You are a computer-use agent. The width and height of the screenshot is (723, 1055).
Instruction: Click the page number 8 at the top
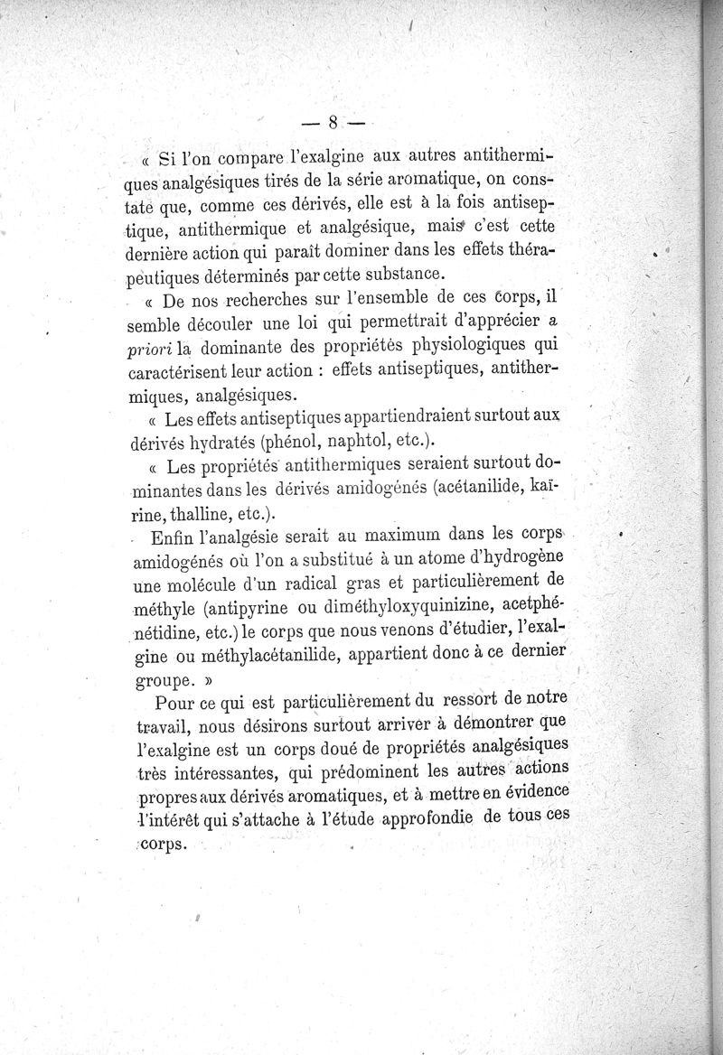tap(333, 121)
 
